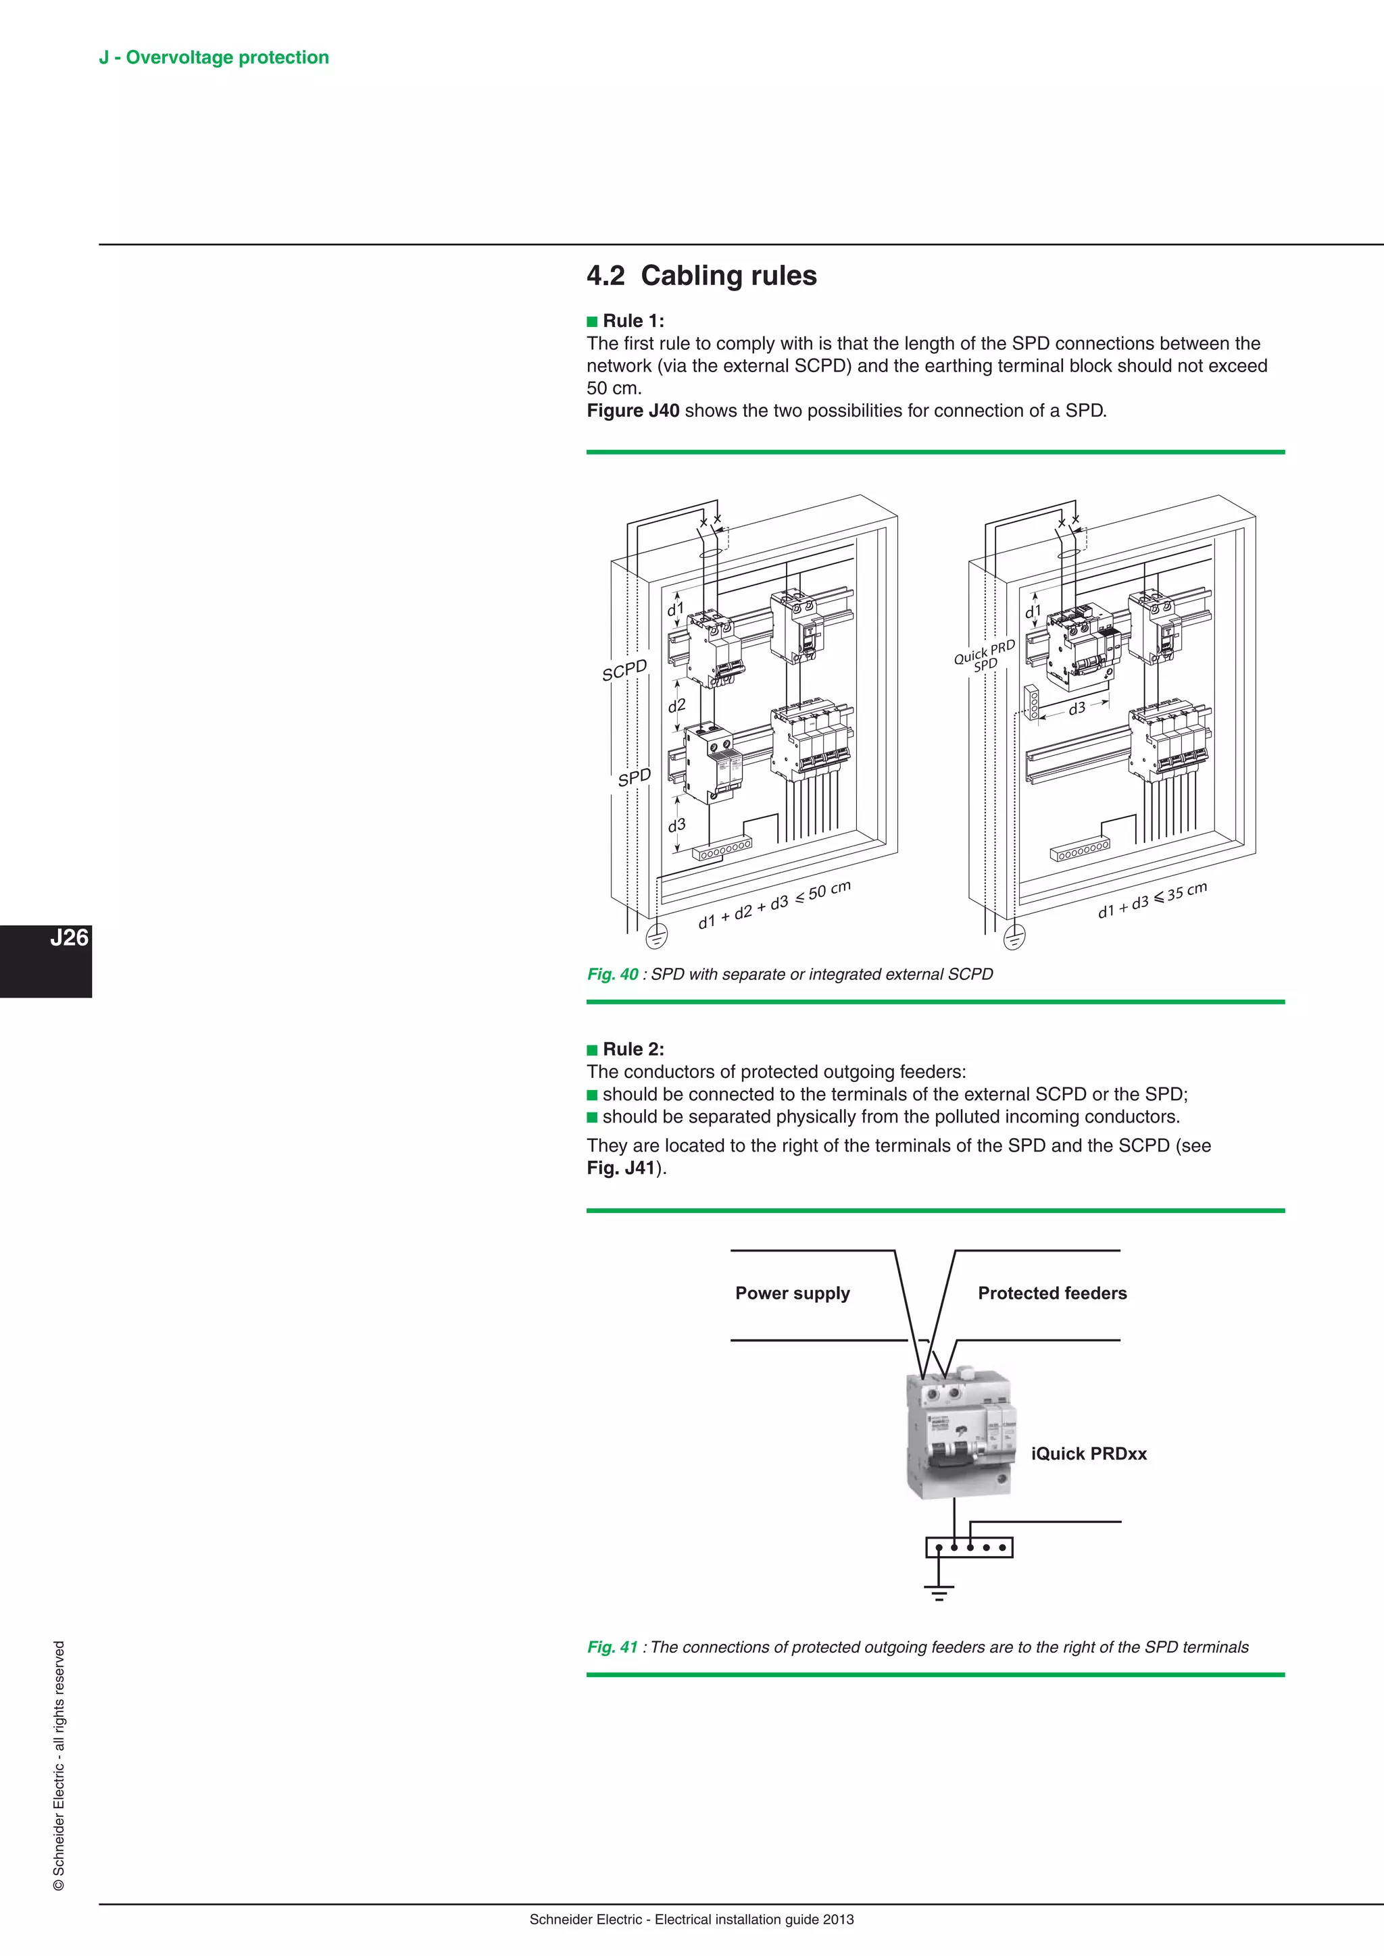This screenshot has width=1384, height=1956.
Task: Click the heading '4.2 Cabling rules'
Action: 701,276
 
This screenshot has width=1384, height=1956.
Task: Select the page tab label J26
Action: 68,938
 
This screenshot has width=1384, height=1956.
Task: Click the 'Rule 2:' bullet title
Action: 633,1050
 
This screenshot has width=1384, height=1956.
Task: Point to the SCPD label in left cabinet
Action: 624,669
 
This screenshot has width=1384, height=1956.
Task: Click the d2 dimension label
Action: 676,705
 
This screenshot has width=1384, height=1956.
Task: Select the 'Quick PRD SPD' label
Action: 985,655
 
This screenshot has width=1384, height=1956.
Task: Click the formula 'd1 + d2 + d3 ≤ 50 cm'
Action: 774,906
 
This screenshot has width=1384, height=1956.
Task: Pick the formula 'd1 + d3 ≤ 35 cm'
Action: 1152,900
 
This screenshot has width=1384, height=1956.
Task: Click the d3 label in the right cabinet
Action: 1077,708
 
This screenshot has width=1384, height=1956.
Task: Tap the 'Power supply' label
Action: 793,1293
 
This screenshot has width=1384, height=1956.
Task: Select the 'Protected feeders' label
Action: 1052,1293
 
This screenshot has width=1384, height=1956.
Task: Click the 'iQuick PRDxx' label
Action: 1088,1454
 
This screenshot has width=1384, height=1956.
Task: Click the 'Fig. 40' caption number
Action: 612,975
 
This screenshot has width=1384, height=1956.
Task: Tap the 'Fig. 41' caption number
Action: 612,1647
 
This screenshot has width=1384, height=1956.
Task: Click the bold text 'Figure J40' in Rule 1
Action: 633,411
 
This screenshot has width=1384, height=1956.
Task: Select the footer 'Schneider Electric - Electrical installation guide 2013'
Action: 691,1920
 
